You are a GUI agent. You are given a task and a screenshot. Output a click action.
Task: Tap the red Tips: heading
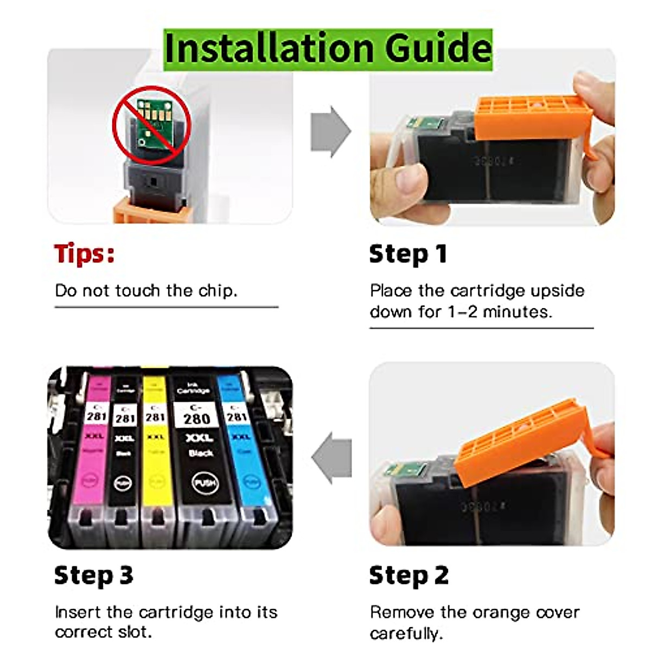click(85, 253)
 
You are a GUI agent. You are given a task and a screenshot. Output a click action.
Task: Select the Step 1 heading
click(408, 254)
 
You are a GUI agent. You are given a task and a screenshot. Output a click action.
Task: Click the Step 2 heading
click(409, 576)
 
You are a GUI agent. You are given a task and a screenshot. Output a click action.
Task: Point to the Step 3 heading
click(93, 576)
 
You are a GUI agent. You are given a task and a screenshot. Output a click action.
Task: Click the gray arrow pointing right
click(330, 132)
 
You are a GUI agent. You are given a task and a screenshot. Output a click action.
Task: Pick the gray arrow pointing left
click(331, 457)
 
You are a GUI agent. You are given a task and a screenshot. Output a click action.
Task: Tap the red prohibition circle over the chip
click(151, 125)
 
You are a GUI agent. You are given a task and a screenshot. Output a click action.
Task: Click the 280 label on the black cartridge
click(196, 418)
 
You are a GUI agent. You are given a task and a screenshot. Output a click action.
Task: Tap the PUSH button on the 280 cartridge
click(205, 482)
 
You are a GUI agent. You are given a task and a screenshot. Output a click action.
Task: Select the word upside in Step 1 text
click(557, 291)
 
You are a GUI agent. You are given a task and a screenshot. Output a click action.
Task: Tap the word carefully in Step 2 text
click(406, 633)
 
